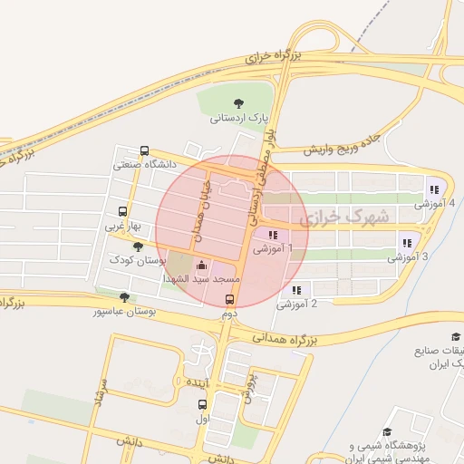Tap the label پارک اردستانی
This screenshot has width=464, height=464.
pyautogui.click(x=240, y=118)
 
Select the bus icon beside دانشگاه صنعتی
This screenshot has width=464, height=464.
pyautogui.click(x=145, y=151)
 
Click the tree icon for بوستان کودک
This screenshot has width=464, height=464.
pyautogui.click(x=138, y=246)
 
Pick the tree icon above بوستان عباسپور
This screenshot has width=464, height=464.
pyautogui.click(x=124, y=296)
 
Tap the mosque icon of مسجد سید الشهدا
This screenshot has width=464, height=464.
pyautogui.click(x=201, y=266)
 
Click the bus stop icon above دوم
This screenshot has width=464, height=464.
pyautogui.click(x=229, y=299)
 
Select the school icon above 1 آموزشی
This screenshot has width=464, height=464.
pyautogui.click(x=273, y=235)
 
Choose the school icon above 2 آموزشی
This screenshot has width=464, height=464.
pyautogui.click(x=296, y=290)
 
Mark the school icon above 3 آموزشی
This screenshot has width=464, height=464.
pyautogui.click(x=407, y=243)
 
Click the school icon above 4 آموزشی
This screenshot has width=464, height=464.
pyautogui.click(x=434, y=189)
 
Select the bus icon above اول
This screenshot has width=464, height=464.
pyautogui.click(x=202, y=404)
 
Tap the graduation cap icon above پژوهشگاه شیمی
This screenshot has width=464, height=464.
pyautogui.click(x=388, y=433)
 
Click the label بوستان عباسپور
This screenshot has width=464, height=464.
pyautogui.click(x=124, y=311)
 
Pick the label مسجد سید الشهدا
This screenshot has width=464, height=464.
pyautogui.click(x=202, y=281)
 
